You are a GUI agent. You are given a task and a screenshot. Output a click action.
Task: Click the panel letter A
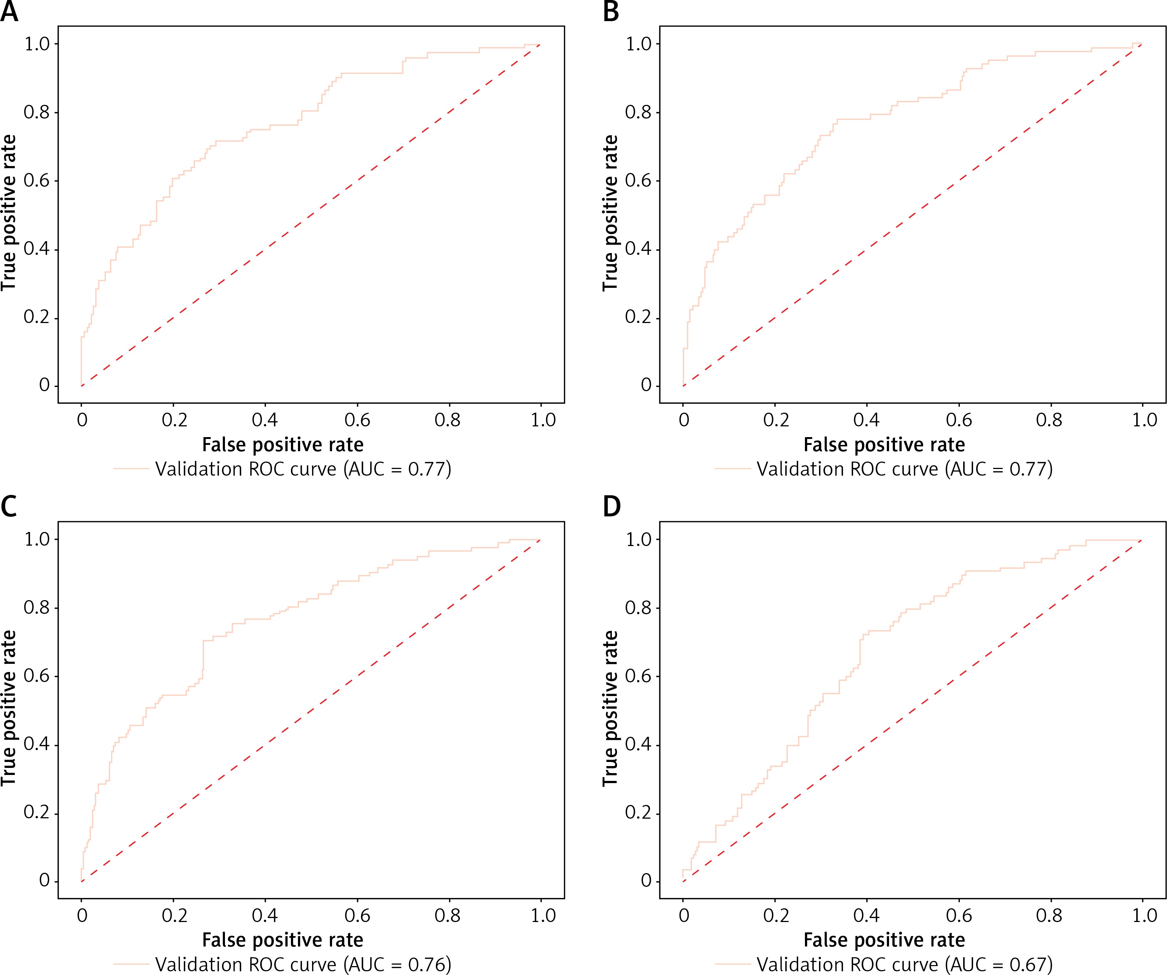click(x=9, y=12)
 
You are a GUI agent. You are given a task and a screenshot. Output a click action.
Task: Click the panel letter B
click(x=611, y=12)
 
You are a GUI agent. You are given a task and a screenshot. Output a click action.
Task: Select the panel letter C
click(x=9, y=507)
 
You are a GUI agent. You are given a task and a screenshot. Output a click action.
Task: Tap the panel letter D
click(x=611, y=507)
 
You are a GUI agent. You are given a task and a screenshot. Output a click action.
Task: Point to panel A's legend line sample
click(x=131, y=469)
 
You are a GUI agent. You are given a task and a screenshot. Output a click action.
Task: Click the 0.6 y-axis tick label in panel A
click(x=37, y=180)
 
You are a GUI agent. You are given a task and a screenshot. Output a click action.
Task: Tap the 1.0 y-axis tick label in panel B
click(x=639, y=44)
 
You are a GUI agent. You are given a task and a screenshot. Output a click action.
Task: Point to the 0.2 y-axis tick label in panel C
click(x=37, y=812)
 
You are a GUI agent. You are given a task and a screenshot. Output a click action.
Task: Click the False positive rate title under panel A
click(x=283, y=445)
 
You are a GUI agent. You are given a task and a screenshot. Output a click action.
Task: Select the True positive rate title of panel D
click(x=610, y=708)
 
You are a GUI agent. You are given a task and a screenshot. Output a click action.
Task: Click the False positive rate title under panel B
click(x=884, y=445)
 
